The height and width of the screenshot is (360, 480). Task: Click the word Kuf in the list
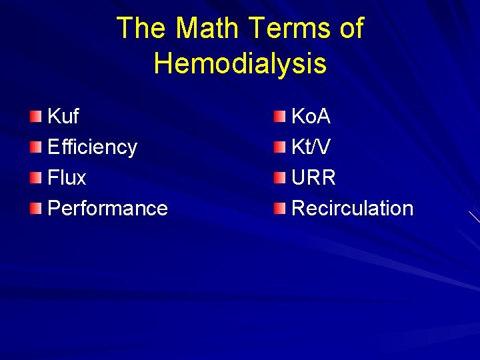pos(63,117)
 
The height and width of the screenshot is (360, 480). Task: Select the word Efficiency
pos(92,147)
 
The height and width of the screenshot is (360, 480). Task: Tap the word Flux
pos(67,178)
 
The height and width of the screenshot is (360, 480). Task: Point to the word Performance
pos(107,209)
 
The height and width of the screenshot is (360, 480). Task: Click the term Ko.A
pos(311,117)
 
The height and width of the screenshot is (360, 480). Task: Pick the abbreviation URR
pos(313,178)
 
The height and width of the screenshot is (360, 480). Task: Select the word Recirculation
pos(352,209)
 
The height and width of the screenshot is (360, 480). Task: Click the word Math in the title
pos(209,29)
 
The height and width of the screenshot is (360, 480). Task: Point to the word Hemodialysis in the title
pos(240,63)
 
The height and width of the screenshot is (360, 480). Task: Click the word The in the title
pos(141,29)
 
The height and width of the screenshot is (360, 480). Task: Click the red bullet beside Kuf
pos(35,118)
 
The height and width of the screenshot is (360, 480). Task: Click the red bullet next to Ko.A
pos(279,118)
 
